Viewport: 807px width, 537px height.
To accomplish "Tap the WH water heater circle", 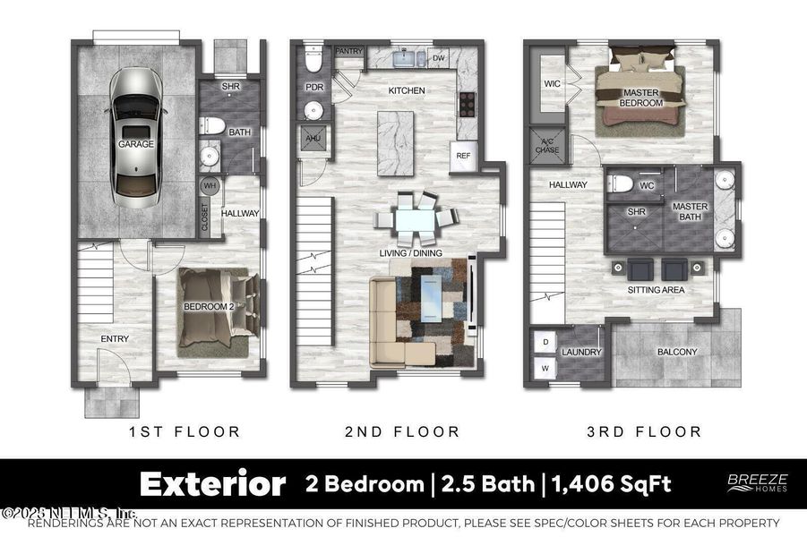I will (x=210, y=186).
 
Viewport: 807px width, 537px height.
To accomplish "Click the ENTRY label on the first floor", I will (x=115, y=338).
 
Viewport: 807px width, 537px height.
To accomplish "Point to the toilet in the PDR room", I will (x=313, y=62).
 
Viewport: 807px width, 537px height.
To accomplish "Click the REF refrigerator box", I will (x=463, y=156).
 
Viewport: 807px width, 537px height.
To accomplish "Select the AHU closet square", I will (x=313, y=139).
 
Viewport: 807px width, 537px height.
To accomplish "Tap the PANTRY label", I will (x=348, y=52).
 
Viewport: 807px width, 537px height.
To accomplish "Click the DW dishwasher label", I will (x=439, y=59).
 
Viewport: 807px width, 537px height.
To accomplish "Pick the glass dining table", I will (x=413, y=217).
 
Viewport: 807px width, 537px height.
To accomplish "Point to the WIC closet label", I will (x=552, y=84).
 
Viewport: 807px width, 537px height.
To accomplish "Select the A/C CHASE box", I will (x=547, y=143).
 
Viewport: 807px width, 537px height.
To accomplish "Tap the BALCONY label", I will (x=677, y=352).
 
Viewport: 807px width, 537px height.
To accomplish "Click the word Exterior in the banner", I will (x=212, y=484).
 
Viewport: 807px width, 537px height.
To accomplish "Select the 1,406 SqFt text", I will (x=611, y=484).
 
